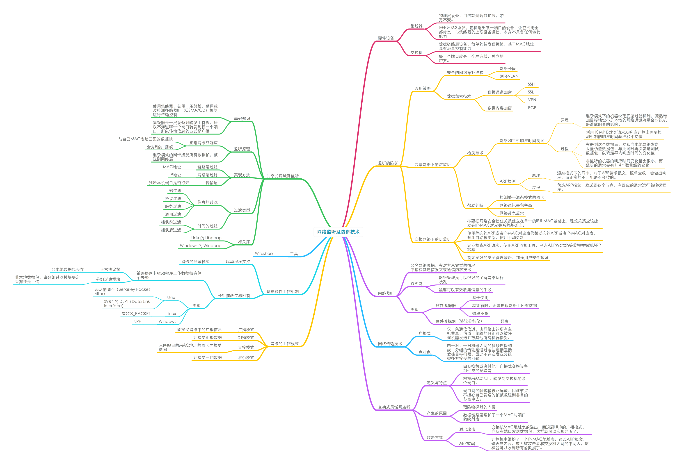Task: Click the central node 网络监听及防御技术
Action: click(x=338, y=232)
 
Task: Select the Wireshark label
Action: click(x=264, y=254)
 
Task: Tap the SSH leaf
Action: click(x=531, y=84)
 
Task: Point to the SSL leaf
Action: click(x=531, y=92)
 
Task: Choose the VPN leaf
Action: click(x=532, y=100)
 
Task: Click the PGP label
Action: click(x=532, y=108)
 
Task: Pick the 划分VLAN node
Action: click(x=509, y=76)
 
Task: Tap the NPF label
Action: click(x=137, y=322)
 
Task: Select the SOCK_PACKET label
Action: click(x=136, y=314)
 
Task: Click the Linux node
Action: click(x=171, y=314)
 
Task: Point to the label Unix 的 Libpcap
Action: click(x=206, y=238)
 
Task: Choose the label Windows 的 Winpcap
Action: click(x=200, y=246)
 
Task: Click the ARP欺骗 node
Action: click(x=467, y=444)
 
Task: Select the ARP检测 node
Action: click(x=507, y=181)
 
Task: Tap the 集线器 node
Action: click(x=416, y=26)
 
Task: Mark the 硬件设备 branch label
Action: click(x=386, y=38)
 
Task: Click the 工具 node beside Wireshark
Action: click(x=294, y=254)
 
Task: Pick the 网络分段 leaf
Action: click(x=507, y=68)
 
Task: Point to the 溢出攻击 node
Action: click(x=467, y=429)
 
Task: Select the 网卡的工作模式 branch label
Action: click(x=284, y=344)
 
